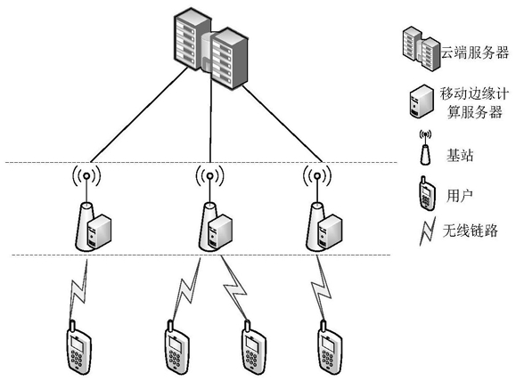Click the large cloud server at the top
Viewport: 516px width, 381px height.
211,48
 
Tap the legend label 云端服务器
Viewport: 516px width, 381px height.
475,53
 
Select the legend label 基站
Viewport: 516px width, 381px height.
460,155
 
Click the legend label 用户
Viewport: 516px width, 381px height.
459,196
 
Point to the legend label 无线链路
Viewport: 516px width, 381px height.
470,231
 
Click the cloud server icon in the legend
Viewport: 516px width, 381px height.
422,49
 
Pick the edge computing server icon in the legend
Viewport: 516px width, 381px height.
422,101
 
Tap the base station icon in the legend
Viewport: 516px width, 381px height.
425,148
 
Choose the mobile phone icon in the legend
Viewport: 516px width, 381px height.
427,193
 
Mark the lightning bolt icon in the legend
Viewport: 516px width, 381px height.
428,231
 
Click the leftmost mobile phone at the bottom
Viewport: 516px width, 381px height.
79,347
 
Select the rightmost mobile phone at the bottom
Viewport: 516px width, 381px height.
330,347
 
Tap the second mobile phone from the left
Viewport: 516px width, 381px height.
176,347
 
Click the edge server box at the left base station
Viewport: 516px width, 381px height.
99,231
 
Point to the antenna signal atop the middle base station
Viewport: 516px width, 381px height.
209,176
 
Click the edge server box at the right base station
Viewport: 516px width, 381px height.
330,231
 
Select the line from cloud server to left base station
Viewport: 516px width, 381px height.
139,115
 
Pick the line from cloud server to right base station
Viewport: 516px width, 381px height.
283,124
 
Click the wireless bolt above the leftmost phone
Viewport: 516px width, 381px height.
79,289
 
